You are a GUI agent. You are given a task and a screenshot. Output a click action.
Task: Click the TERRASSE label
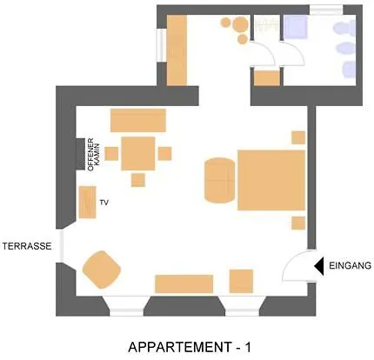point(27,246)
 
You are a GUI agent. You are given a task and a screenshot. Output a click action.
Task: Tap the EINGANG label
point(350,265)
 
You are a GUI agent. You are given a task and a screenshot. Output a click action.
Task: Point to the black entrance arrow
point(319,266)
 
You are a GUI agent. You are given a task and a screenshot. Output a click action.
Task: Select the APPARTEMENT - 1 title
point(190,347)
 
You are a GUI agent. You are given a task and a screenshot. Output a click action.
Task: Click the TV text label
point(104,203)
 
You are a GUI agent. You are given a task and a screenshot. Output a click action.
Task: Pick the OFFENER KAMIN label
point(94,155)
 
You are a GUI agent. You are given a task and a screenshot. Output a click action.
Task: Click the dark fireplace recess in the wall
point(81,154)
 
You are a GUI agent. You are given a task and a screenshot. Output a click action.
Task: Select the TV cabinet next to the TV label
point(87,202)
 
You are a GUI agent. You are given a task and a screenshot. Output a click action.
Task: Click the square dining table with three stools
point(138,153)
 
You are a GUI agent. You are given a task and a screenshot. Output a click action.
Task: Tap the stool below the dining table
point(138,180)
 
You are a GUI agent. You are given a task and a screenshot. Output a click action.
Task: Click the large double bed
point(271,180)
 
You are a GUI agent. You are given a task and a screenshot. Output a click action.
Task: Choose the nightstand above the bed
point(298,137)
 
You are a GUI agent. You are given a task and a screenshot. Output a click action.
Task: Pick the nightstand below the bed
point(298,223)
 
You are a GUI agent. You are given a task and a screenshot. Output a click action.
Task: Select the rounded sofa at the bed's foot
point(219,180)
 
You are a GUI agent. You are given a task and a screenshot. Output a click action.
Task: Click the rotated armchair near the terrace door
point(102,270)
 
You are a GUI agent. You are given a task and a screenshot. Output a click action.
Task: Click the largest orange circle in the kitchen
point(241,24)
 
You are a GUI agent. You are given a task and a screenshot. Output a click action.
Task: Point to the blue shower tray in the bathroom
point(296,27)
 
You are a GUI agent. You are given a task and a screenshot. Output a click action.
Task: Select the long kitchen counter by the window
point(177,50)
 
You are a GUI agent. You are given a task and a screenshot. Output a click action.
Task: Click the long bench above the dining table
point(138,121)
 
